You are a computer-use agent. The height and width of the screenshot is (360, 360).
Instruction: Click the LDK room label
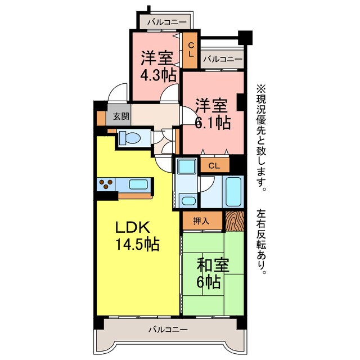133,227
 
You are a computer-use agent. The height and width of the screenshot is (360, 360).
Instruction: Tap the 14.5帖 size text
137,245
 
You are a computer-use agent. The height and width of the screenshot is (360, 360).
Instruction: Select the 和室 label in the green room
213,265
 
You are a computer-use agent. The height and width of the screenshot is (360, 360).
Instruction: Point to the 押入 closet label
201,220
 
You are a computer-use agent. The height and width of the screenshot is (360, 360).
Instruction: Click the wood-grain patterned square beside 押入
235,220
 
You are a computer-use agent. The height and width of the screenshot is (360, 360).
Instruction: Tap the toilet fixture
129,138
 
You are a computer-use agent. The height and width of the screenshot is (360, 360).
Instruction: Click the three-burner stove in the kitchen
106,182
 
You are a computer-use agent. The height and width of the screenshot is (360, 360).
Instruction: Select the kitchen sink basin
138,183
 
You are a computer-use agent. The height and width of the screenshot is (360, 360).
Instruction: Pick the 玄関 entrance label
120,116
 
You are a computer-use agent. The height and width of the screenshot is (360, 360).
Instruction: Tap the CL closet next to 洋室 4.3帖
191,49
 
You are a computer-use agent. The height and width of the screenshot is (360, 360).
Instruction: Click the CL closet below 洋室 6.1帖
214,165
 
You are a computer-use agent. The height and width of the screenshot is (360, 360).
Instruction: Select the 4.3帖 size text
158,75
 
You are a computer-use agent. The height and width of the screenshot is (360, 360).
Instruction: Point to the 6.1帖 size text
212,122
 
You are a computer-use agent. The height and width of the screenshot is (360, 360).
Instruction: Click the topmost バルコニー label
164,22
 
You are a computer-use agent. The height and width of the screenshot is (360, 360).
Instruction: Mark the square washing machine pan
185,167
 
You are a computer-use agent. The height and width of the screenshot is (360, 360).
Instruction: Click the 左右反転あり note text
262,242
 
